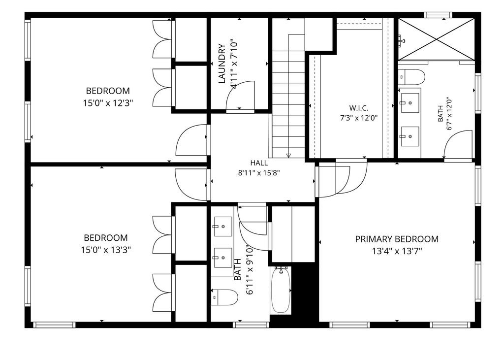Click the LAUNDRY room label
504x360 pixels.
[x=222, y=64]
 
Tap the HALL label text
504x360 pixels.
[x=259, y=163]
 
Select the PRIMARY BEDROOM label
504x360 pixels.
[x=397, y=239]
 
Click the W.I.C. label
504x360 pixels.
[x=359, y=108]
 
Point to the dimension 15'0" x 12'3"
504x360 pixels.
[x=108, y=103]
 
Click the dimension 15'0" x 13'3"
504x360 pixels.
[x=106, y=250]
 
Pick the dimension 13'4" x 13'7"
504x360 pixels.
[x=397, y=251]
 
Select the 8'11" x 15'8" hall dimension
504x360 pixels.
[x=259, y=173]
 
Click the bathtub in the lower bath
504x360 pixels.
[x=281, y=290]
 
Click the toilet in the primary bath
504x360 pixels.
[x=412, y=77]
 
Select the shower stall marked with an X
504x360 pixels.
[x=436, y=39]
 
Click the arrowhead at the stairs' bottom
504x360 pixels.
[x=288, y=156]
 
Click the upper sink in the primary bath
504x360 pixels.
[x=409, y=102]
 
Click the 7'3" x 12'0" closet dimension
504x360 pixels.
[x=359, y=118]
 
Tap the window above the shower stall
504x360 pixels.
[x=438, y=14]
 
